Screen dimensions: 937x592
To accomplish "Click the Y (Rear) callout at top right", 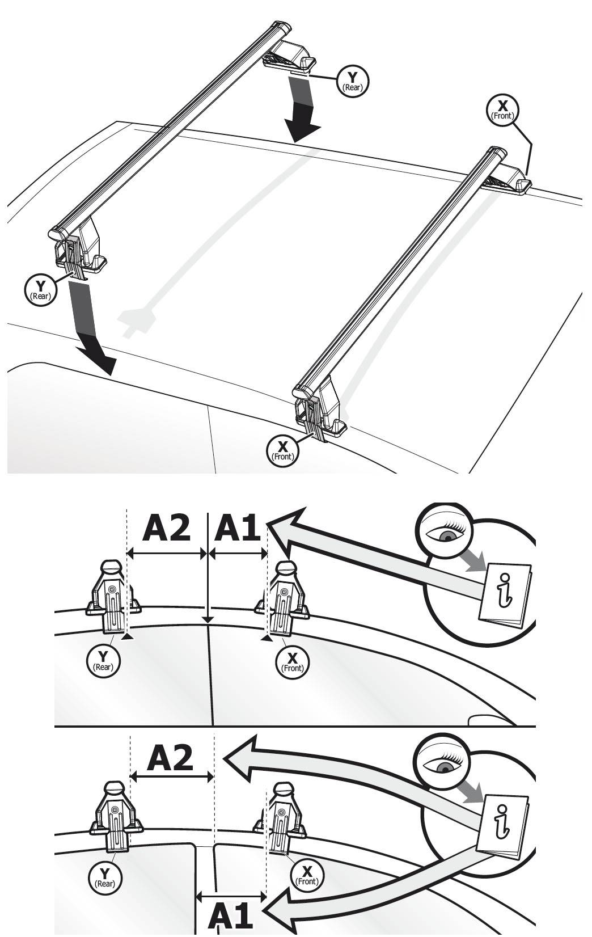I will tap(353, 81).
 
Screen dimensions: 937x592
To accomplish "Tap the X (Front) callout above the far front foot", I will tap(502, 109).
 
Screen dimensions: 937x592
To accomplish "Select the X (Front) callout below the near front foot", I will tap(282, 451).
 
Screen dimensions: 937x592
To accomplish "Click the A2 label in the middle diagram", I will tap(166, 529).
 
